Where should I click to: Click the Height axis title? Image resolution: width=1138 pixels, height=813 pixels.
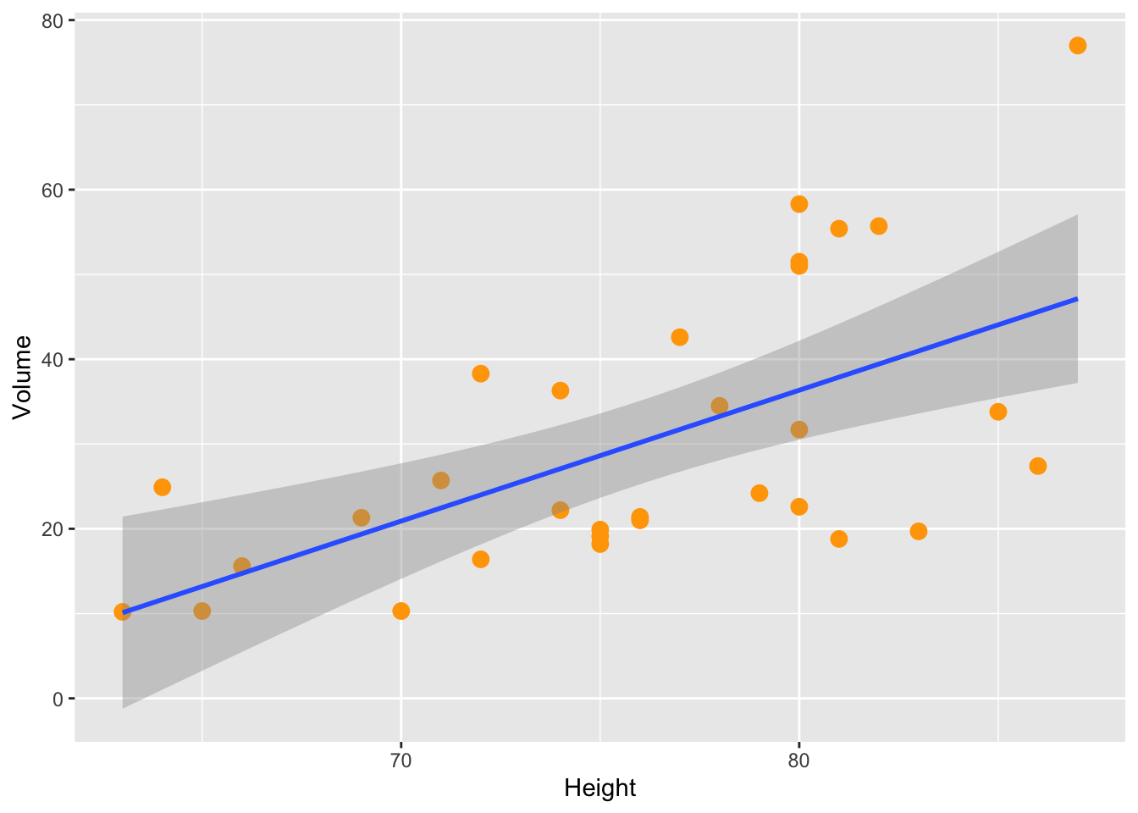tap(599, 788)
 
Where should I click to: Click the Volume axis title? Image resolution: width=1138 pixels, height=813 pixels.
tap(22, 377)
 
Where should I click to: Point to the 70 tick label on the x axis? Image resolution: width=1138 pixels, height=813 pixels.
tap(401, 760)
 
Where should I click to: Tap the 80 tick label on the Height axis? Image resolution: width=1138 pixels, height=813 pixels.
tap(798, 760)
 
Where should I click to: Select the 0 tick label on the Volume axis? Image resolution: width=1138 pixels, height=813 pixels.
tap(58, 699)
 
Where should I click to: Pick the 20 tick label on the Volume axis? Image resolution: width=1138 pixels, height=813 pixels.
tap(52, 529)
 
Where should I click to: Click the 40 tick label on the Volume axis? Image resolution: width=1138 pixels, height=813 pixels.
tap(52, 360)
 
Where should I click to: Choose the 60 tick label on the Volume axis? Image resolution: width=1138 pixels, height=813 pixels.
tap(52, 191)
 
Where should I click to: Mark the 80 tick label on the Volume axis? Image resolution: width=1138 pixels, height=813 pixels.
tap(52, 21)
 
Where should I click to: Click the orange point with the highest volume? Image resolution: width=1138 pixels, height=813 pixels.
tap(1077, 46)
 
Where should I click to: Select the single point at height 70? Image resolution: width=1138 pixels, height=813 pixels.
tap(401, 611)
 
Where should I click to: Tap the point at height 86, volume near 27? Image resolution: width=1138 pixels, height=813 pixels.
tap(1037, 467)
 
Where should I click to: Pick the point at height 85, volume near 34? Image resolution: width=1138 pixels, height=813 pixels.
tap(997, 412)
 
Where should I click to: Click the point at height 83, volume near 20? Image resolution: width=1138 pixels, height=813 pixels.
tap(918, 532)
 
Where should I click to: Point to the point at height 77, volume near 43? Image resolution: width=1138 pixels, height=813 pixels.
tap(679, 337)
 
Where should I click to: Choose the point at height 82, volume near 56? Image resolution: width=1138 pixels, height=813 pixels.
tap(878, 226)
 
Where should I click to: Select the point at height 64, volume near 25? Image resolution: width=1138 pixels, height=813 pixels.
tap(163, 487)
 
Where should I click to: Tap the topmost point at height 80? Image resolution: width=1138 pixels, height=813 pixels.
tap(798, 204)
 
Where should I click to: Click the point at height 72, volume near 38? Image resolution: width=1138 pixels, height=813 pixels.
tap(480, 373)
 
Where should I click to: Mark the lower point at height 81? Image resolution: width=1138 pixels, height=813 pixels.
tap(838, 539)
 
